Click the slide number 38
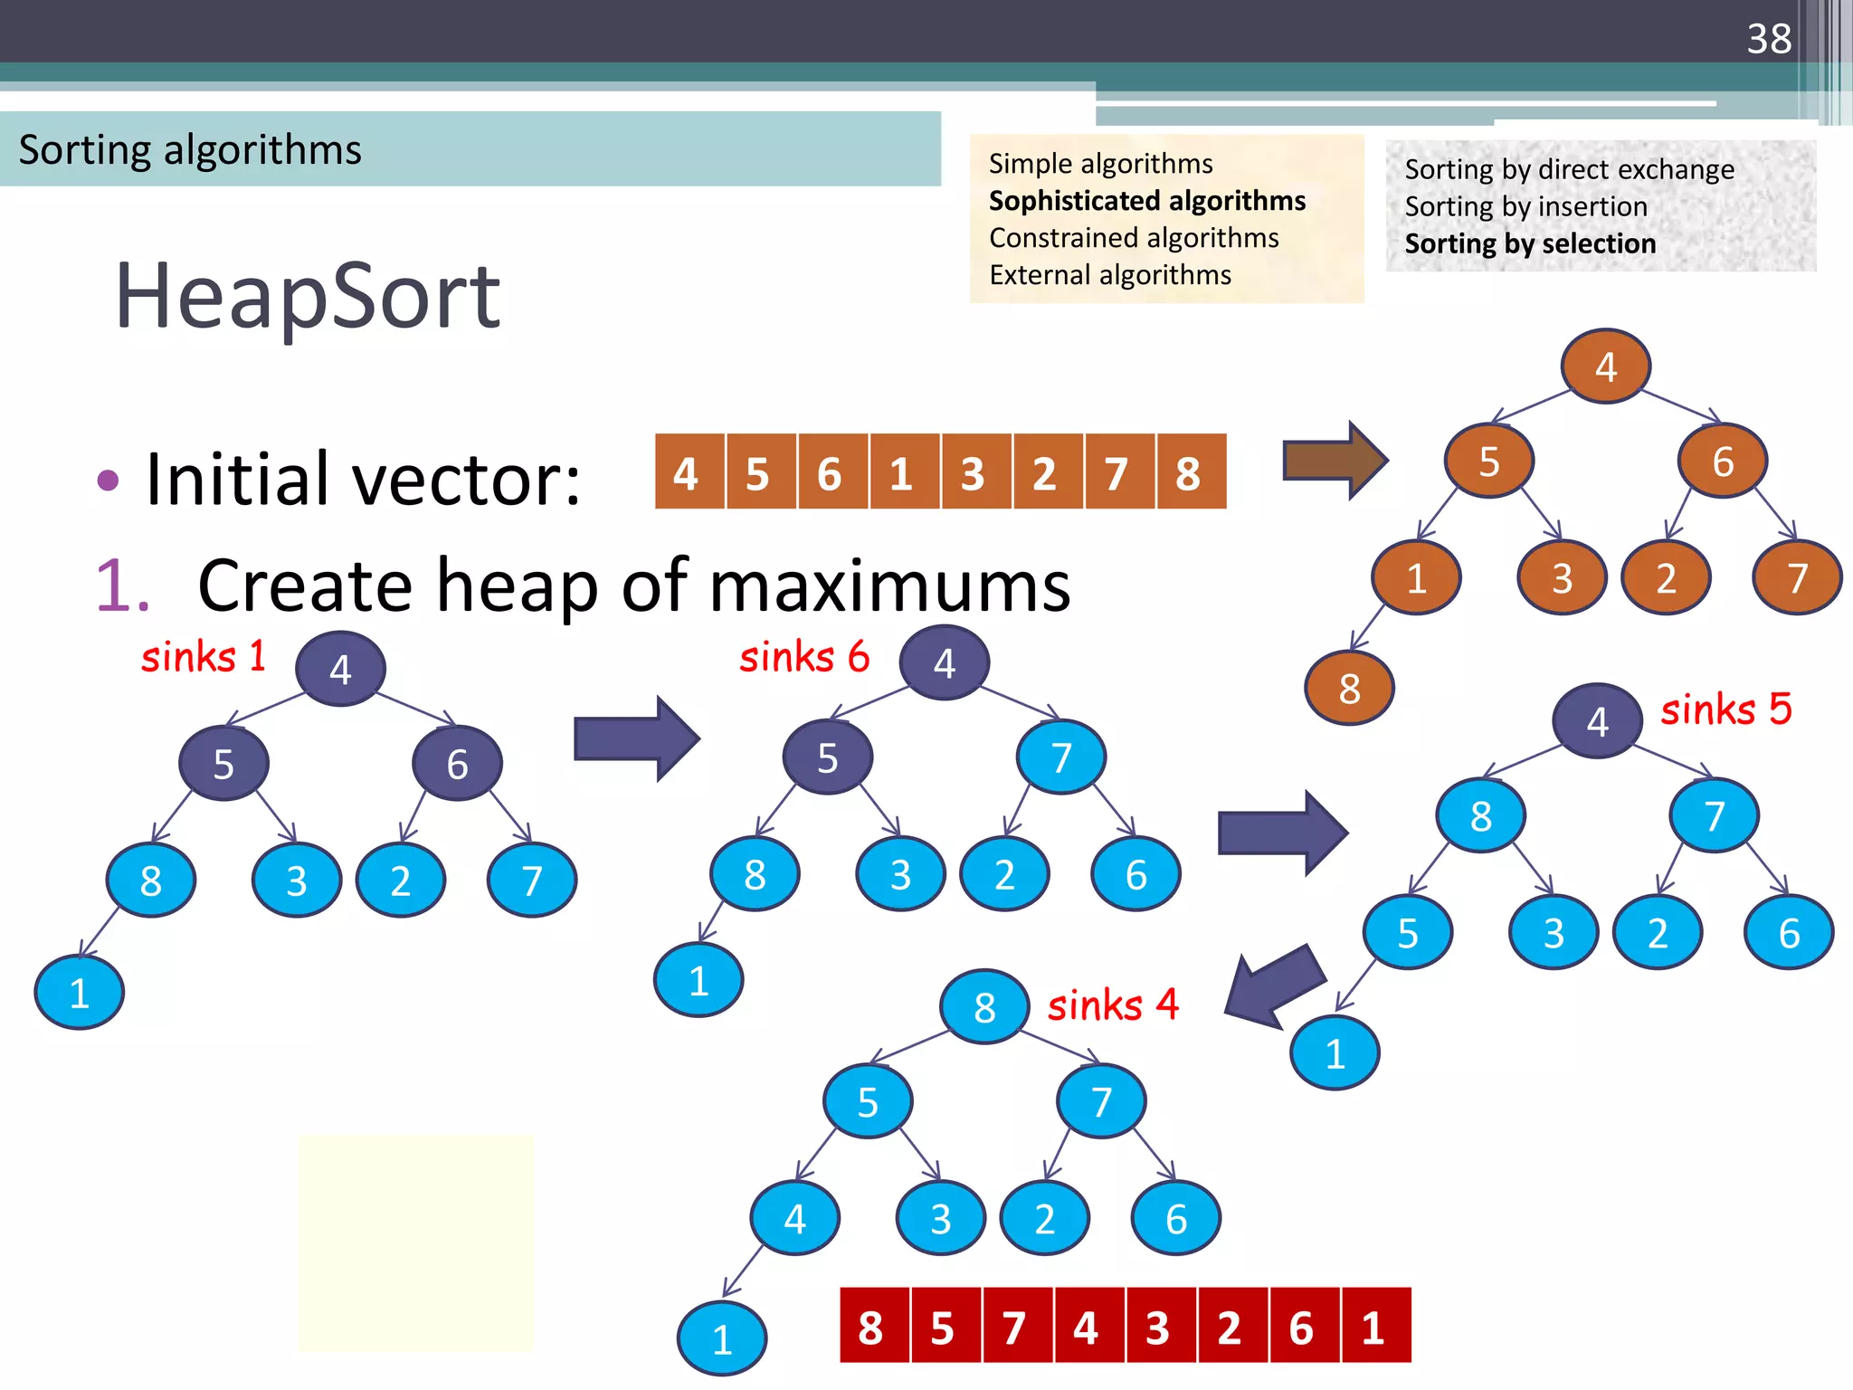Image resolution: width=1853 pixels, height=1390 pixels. click(1769, 39)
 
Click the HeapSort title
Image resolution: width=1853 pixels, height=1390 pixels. click(307, 296)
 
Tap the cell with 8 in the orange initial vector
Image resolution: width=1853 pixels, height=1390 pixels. click(1189, 472)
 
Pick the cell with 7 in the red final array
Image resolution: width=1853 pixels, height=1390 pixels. click(1014, 1327)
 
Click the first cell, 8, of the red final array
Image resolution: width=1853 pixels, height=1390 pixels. click(871, 1327)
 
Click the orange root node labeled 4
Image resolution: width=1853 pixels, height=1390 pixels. click(1605, 367)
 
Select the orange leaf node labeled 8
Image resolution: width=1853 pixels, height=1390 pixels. click(1349, 689)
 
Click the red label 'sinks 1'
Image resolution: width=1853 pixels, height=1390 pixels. click(204, 656)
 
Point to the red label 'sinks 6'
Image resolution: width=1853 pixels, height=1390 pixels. click(804, 656)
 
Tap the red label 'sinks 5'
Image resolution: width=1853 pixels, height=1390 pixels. click(1725, 709)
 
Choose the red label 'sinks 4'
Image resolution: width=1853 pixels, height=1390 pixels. click(1113, 1004)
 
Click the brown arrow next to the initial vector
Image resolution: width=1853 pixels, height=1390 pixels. click(1335, 461)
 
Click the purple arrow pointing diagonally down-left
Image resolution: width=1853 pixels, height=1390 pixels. click(1276, 986)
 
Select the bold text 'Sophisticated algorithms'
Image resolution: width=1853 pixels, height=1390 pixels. click(1146, 200)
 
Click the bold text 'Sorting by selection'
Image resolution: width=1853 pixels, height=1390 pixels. click(1530, 243)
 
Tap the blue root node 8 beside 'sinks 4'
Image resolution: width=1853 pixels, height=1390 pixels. click(984, 1007)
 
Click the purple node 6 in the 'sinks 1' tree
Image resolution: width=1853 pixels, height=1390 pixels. click(457, 764)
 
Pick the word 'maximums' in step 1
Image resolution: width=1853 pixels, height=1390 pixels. click(889, 586)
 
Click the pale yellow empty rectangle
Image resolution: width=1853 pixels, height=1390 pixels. click(416, 1242)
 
